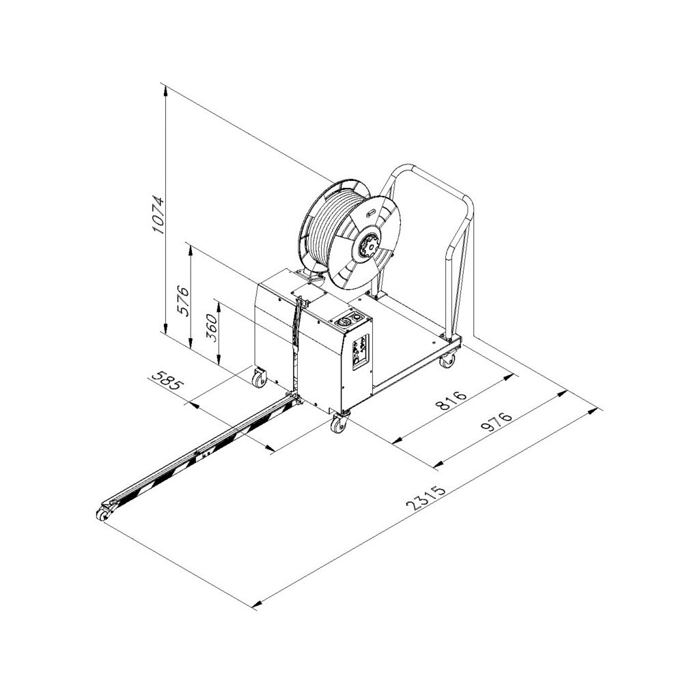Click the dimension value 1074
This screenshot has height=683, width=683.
158,214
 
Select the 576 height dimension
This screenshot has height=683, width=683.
183,301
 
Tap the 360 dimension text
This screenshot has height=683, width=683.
211,328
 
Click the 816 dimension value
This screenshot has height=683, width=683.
451,400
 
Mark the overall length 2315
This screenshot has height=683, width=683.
426,497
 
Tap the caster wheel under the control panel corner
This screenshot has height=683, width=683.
339,421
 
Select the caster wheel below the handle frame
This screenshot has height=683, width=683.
448,360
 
